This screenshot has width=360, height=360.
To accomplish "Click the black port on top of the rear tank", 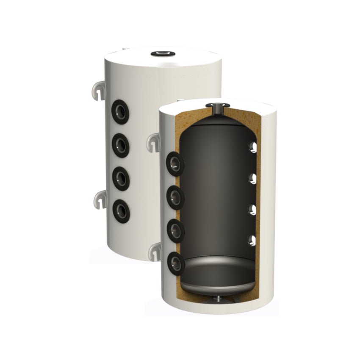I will (x=161, y=54).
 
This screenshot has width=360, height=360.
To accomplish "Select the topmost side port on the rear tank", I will (x=120, y=111).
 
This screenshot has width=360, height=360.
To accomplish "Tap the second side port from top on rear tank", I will (x=121, y=145).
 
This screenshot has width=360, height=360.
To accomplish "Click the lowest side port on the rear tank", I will (x=121, y=210).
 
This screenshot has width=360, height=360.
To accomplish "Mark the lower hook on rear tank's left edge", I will (x=100, y=199).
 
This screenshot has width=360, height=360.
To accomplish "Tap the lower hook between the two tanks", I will (x=155, y=251).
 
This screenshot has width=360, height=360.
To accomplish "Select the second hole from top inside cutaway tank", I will (x=253, y=178).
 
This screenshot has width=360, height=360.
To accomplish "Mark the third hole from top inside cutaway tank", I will (x=253, y=209).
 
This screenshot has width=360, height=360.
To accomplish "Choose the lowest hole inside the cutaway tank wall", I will (x=253, y=240).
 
